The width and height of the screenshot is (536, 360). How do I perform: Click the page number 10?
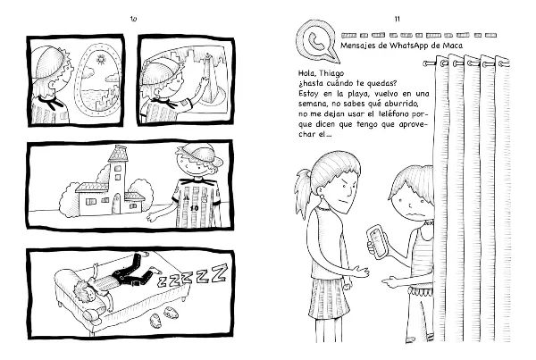pos(133,19)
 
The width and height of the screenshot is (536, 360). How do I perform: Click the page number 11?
pos(397,19)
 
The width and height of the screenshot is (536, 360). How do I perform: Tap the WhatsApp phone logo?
pos(317,41)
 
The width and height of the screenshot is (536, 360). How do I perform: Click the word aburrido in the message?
pos(404,104)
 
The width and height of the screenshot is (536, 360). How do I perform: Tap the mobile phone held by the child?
pos(377,242)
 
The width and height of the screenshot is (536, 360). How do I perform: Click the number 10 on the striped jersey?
pos(194,208)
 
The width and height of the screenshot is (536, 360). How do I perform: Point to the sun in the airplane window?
pos(100,60)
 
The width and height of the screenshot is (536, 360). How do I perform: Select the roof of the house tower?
pos(118,154)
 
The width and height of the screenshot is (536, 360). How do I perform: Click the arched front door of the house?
pos(117,204)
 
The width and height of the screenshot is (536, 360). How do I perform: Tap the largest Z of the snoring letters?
pos(219,272)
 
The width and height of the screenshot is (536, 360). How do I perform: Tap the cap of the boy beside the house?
pos(198,153)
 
